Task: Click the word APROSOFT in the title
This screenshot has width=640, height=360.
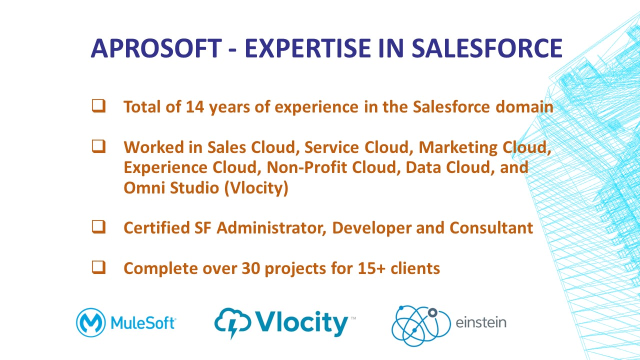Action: pyautogui.click(x=156, y=48)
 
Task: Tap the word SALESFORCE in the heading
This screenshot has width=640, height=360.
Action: pyautogui.click(x=487, y=48)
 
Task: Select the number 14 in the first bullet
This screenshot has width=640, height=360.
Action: pyautogui.click(x=195, y=107)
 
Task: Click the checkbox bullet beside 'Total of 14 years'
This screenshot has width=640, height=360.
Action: pyautogui.click(x=99, y=106)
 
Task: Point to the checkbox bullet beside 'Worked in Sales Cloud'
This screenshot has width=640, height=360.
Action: pyautogui.click(x=99, y=146)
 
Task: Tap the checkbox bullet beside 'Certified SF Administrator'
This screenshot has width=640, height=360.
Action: pyautogui.click(x=99, y=227)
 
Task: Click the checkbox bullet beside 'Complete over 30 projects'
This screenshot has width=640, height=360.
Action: pyautogui.click(x=99, y=267)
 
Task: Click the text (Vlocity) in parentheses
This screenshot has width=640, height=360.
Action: pyautogui.click(x=256, y=188)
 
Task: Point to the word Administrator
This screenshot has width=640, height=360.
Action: pyautogui.click(x=271, y=228)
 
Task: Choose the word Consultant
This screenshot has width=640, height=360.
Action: pyautogui.click(x=491, y=228)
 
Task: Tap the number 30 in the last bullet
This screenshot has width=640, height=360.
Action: pyautogui.click(x=251, y=268)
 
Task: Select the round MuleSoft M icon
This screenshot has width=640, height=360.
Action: pyautogui.click(x=91, y=322)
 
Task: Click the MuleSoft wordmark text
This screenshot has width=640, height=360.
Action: pyautogui.click(x=143, y=323)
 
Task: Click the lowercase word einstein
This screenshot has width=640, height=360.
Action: pyautogui.click(x=481, y=322)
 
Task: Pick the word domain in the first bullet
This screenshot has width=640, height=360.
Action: pyautogui.click(x=524, y=107)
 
